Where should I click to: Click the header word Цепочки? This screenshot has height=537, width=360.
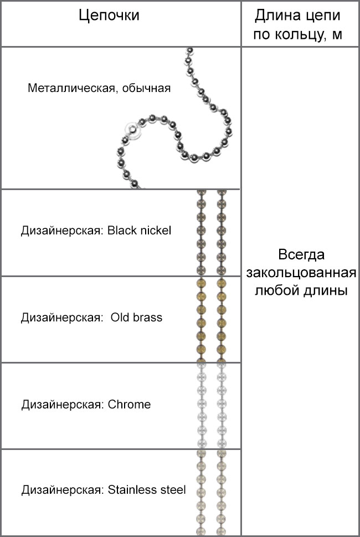click(109, 16)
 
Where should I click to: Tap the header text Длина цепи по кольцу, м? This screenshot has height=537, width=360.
click(298, 24)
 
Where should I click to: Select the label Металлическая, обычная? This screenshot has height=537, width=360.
click(99, 88)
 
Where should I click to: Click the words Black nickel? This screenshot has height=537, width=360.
click(139, 231)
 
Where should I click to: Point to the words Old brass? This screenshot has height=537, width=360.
click(136, 318)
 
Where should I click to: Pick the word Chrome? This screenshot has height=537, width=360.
click(130, 405)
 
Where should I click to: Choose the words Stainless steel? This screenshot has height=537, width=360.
click(147, 490)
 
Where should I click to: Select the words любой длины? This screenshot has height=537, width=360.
click(301, 291)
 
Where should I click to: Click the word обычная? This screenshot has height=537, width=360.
click(146, 88)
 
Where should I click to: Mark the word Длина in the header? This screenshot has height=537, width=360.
click(274, 16)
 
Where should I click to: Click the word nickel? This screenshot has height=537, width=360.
click(156, 231)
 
